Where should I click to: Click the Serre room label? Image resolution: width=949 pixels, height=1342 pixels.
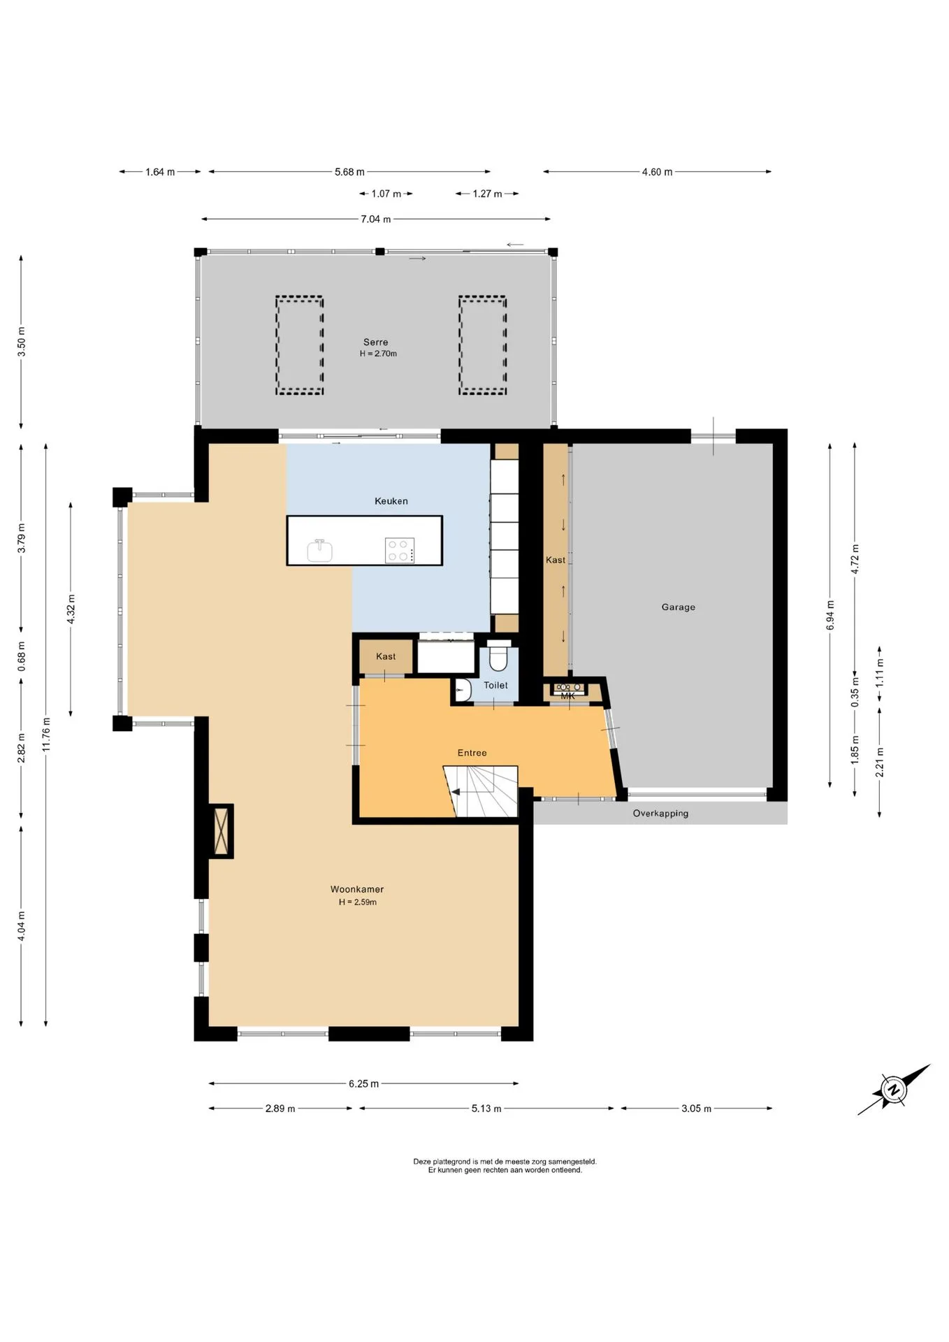[375, 342]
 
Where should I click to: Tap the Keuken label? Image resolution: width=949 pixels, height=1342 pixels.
[391, 501]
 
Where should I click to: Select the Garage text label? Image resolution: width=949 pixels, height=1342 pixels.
[679, 607]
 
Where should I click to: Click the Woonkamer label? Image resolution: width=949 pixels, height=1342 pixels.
[357, 890]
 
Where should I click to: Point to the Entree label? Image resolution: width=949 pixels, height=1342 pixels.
[472, 753]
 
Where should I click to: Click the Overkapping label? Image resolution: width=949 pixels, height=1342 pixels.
[660, 814]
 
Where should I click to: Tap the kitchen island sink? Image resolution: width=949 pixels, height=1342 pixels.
[320, 550]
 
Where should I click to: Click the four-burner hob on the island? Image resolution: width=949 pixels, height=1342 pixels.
[400, 550]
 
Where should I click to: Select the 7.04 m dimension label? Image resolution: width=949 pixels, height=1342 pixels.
[376, 219]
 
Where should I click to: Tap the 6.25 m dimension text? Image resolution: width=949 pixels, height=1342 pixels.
[364, 1084]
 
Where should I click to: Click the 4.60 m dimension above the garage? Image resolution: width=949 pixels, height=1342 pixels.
[658, 172]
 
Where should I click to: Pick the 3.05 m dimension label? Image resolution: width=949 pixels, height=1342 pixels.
[697, 1109]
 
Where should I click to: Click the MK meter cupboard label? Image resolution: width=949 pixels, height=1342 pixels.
[567, 696]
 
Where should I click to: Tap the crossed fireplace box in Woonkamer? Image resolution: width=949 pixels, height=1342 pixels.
[222, 831]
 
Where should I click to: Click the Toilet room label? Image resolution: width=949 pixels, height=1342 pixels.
[496, 686]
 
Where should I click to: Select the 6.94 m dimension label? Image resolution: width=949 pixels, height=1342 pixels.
[830, 616]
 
